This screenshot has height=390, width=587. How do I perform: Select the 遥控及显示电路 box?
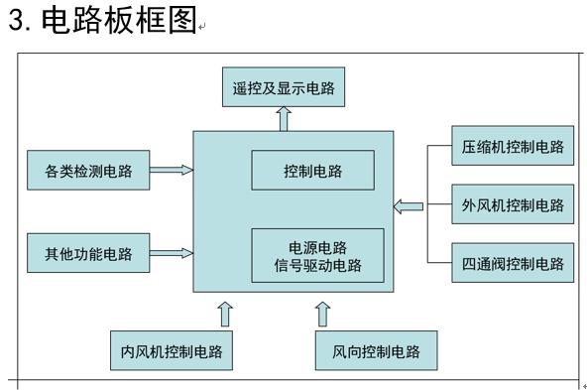284,89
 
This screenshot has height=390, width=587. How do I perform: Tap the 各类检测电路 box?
88,171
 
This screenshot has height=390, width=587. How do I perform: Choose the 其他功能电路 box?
88,253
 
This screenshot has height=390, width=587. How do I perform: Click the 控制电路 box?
312,171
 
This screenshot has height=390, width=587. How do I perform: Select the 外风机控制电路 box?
512,205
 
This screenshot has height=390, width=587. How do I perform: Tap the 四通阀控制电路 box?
512,263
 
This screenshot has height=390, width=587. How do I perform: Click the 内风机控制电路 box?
172,351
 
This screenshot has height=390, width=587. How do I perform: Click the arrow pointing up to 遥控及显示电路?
284,118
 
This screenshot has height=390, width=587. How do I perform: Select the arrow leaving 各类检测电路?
171,171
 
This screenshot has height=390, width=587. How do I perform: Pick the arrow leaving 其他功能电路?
171,253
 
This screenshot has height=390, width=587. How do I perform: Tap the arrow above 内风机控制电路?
225,315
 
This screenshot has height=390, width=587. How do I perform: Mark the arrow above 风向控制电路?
322,315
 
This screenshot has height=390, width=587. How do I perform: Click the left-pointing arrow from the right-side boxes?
408,206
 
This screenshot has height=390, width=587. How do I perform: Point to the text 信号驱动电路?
317,265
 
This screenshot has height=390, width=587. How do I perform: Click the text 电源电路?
317,246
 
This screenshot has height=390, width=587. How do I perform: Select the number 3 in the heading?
16,21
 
